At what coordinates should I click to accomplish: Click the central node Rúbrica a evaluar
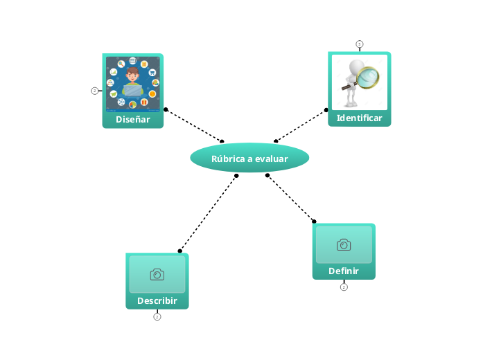click(249, 159)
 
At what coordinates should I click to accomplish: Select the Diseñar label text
click(132, 119)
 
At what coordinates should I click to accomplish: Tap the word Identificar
click(359, 118)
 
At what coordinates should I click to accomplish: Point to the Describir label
click(157, 301)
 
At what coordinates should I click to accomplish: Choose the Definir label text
click(344, 271)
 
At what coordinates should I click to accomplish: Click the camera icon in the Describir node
click(157, 275)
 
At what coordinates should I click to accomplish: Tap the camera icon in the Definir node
click(344, 244)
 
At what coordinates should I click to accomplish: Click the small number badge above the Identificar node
click(359, 44)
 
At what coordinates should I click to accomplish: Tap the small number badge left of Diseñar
click(94, 91)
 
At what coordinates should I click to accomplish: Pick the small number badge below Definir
click(344, 287)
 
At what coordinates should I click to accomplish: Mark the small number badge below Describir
click(157, 317)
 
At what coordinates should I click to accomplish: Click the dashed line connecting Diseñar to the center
click(194, 125)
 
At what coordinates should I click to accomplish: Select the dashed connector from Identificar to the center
click(300, 125)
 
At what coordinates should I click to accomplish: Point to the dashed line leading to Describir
click(208, 213)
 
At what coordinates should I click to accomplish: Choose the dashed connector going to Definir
click(291, 199)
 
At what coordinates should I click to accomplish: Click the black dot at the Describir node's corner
click(180, 251)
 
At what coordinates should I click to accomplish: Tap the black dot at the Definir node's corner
click(314, 222)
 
